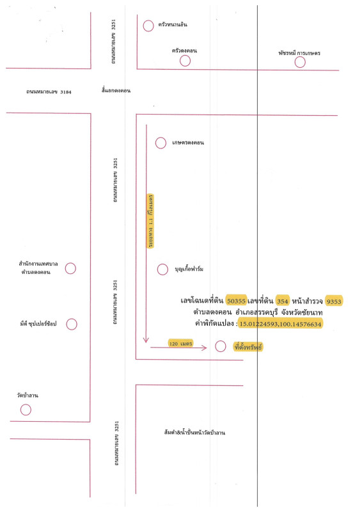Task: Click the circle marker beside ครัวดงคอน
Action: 185,61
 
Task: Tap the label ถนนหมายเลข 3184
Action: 49,92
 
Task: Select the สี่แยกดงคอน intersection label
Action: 116,90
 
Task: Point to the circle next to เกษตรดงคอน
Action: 161,143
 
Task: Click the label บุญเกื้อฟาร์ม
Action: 189,269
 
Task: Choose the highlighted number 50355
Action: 236,301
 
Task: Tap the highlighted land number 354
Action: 282,301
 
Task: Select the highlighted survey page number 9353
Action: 334,301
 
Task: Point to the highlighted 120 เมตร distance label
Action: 180,343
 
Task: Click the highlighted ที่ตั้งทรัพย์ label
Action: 248,347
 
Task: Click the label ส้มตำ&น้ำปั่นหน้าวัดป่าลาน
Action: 194,433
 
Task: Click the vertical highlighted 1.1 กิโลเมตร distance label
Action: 150,221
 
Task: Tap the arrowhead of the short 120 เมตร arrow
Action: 207,348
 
